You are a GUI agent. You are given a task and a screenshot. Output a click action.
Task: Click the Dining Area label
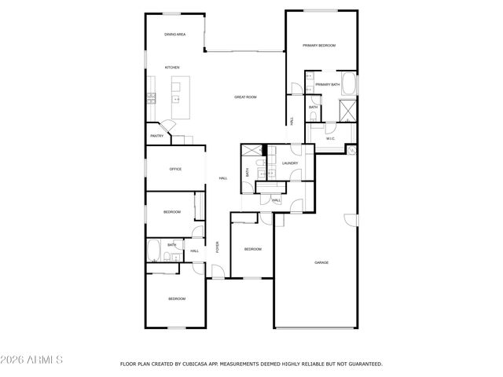click(x=174, y=35)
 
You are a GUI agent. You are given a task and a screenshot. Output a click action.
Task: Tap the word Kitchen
click(x=171, y=68)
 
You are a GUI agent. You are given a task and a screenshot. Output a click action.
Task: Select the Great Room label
click(x=245, y=97)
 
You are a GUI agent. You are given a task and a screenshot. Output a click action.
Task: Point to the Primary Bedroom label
click(x=321, y=46)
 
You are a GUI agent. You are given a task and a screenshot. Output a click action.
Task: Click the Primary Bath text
click(x=328, y=84)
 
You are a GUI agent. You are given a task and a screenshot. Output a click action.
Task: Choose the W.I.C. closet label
click(x=331, y=138)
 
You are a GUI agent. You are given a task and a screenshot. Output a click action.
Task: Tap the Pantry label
click(x=157, y=136)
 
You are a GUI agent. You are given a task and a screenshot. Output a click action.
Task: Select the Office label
click(x=175, y=169)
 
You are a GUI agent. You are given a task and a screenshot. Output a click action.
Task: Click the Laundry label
click(x=289, y=163)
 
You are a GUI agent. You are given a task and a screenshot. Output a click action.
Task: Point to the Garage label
click(x=321, y=262)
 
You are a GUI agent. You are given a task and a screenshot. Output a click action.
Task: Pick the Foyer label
click(x=218, y=246)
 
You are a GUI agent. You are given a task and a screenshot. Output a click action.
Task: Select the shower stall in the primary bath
click(x=347, y=109)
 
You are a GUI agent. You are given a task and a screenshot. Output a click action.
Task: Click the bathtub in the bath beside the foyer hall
click(x=155, y=251)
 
